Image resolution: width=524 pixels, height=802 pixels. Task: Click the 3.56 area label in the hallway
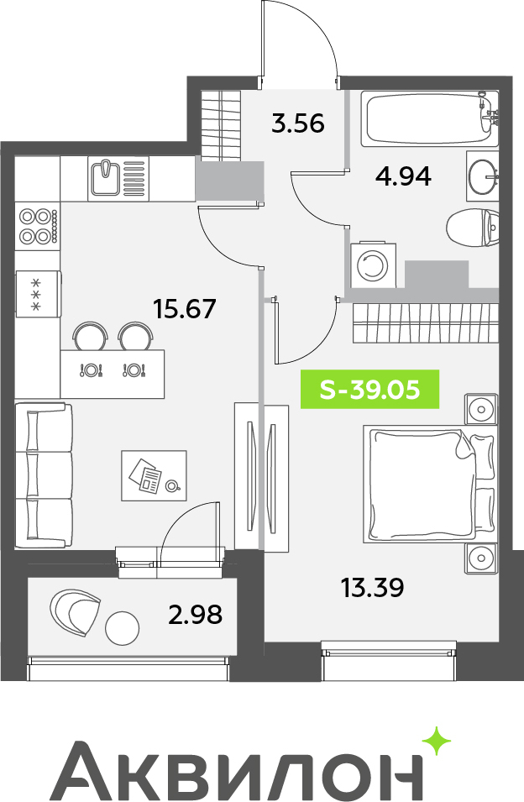(298, 123)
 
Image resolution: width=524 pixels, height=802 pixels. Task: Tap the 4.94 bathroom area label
(403, 176)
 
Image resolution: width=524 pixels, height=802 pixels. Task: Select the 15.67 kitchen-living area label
(186, 309)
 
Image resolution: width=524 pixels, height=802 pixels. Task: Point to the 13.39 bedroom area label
(372, 588)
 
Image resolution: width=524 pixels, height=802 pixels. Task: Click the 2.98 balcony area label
(196, 614)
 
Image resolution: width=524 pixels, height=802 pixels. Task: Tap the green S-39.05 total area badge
(369, 390)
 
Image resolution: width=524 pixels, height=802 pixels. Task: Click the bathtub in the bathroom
(429, 118)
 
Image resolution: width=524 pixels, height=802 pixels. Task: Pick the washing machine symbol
(373, 265)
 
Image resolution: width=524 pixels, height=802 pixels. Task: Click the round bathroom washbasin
(481, 176)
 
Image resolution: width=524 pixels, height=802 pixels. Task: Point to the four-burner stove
(38, 226)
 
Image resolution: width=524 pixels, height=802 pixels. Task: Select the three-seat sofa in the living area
(44, 475)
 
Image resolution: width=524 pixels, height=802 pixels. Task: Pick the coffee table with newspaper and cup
(154, 475)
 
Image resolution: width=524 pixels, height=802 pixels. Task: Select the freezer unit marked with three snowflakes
(38, 294)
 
